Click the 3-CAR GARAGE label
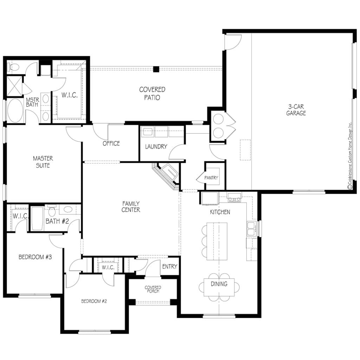pyautogui.click(x=296, y=110)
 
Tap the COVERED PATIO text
pyautogui.click(x=152, y=94)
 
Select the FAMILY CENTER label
pyautogui.click(x=131, y=207)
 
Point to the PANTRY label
pyautogui.click(x=211, y=178)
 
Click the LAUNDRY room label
pyautogui.click(x=156, y=147)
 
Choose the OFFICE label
pyautogui.click(x=111, y=143)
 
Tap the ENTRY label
pyautogui.click(x=170, y=266)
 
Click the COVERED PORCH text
pyautogui.click(x=153, y=289)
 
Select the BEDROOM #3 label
pyautogui.click(x=35, y=257)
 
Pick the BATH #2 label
pyautogui.click(x=57, y=221)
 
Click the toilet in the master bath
pyautogui.click(x=13, y=67)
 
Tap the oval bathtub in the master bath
pyautogui.click(x=15, y=111)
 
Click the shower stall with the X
pyautogui.click(x=14, y=86)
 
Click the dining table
pyautogui.click(x=219, y=287)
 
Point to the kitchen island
pyautogui.click(x=217, y=241)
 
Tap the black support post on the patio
pyautogui.click(x=156, y=69)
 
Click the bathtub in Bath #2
pyautogui.click(x=37, y=218)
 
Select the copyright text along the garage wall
pyautogui.click(x=350, y=156)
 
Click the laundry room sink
pyautogui.click(x=148, y=132)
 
